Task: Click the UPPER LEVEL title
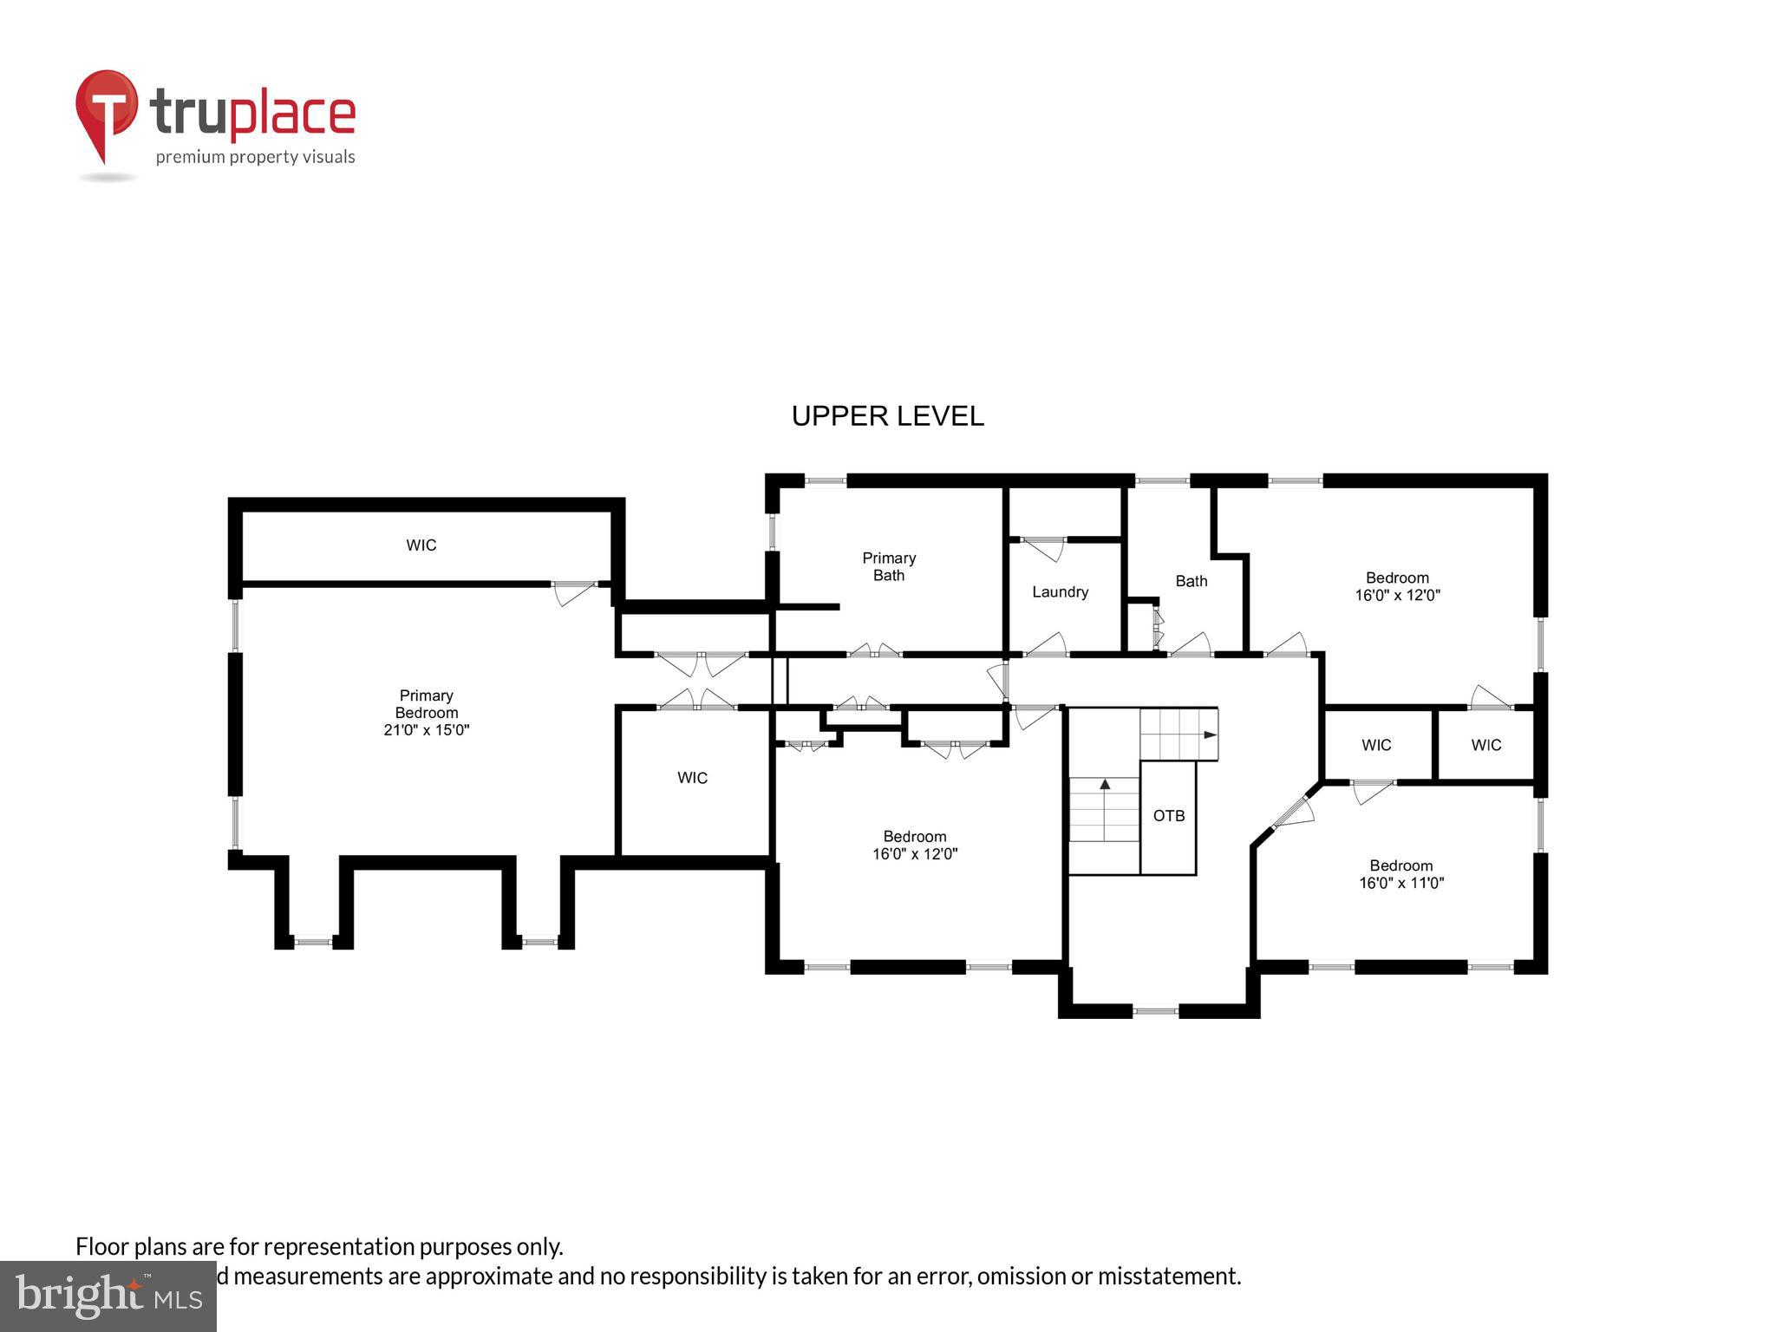pos(887,416)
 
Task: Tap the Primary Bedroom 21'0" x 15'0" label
pos(426,713)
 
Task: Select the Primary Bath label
pos(888,566)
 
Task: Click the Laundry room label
pos(1060,592)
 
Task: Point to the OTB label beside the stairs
pos(1168,816)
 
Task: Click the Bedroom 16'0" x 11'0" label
pos(1401,874)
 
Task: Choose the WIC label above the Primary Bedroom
pos(421,545)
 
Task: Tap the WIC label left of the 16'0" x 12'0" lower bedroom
pos(692,778)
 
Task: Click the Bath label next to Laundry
pos(1191,581)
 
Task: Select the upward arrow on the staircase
pos(1105,784)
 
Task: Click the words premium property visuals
pos(255,157)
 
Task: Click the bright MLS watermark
pos(108,1296)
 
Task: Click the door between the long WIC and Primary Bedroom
pos(574,592)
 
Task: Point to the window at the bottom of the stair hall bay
pos(1155,1009)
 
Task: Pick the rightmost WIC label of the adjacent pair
pos(1485,745)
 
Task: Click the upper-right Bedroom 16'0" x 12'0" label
pos(1397,586)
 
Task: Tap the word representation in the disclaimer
pos(339,1247)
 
